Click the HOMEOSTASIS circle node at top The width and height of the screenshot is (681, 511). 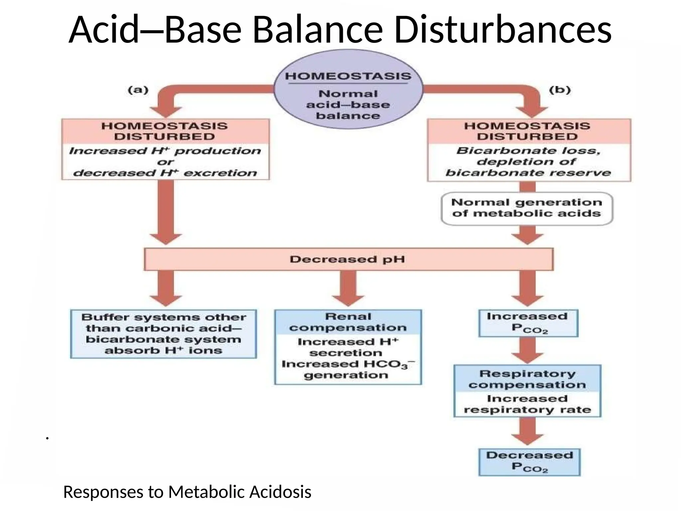click(x=348, y=89)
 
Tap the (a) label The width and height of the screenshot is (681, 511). click(x=138, y=90)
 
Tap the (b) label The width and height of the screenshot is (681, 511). click(x=560, y=90)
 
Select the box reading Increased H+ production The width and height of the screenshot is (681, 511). click(x=165, y=162)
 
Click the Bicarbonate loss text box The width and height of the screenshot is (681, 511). click(x=529, y=162)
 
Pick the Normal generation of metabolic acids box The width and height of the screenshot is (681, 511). click(x=527, y=208)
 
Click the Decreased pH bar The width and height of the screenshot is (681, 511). click(x=348, y=259)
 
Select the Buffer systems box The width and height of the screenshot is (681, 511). click(x=163, y=334)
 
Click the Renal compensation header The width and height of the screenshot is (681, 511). click(x=348, y=322)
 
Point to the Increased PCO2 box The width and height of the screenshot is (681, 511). click(x=528, y=323)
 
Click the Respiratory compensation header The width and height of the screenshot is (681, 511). click(x=527, y=379)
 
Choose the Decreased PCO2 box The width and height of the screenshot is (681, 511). click(x=529, y=462)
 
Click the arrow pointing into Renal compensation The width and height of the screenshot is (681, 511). click(x=348, y=288)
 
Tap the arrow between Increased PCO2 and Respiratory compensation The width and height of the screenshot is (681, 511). click(x=527, y=350)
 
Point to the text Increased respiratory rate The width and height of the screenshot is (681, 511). click(x=527, y=404)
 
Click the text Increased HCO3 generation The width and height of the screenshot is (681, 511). click(x=348, y=369)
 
